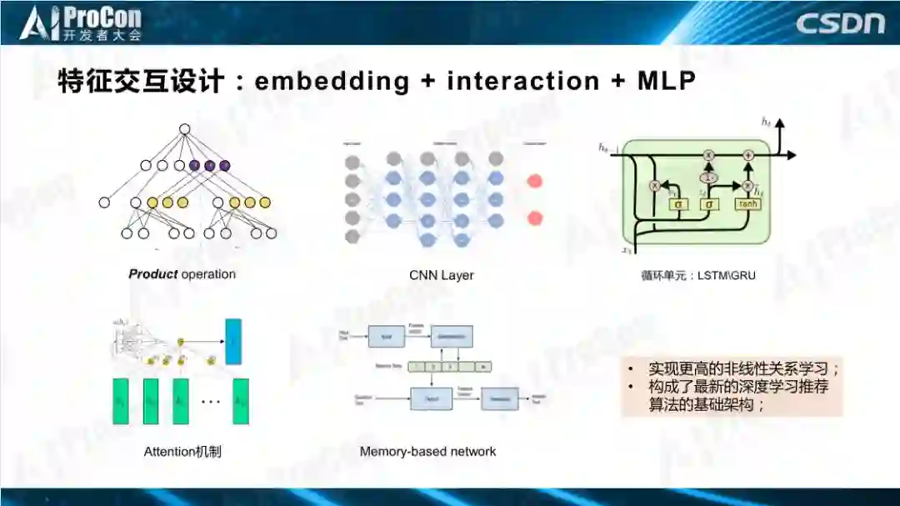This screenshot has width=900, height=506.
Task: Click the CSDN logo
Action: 840,23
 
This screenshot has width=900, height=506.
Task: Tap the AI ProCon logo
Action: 81,23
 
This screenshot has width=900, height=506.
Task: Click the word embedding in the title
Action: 332,81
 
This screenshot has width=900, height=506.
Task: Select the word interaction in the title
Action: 523,81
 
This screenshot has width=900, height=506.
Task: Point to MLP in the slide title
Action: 667,81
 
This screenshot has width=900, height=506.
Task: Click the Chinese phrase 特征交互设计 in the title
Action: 141,81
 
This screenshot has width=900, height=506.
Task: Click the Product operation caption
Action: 182,274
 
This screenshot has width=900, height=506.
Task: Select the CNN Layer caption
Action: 442,275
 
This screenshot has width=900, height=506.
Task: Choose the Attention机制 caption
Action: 182,452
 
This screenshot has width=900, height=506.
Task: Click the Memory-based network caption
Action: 427,452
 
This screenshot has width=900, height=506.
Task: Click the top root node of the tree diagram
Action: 185,128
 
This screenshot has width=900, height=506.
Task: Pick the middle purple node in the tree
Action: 209,165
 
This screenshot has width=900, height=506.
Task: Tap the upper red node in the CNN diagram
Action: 535,181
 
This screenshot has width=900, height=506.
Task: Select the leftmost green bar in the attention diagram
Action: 122,402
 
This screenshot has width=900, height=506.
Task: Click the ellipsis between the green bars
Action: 211,402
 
